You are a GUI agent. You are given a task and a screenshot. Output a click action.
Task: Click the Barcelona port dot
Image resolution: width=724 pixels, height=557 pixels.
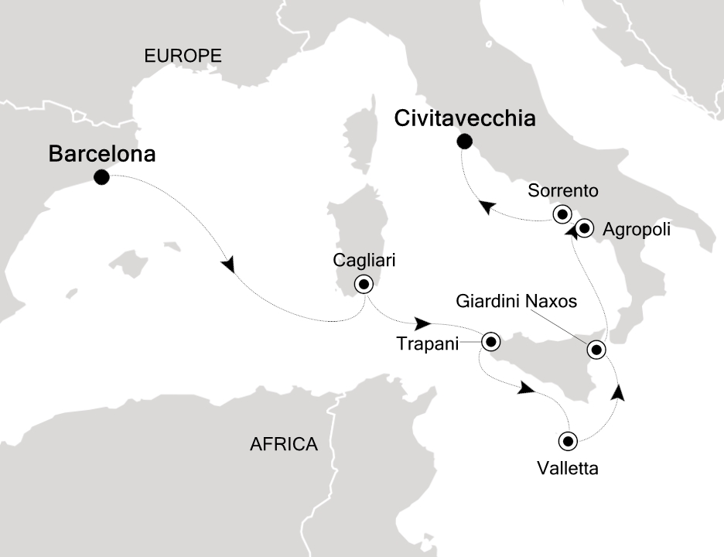pyautogui.click(x=101, y=178)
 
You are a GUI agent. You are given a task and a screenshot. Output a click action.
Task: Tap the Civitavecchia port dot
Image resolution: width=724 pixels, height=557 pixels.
pyautogui.click(x=464, y=141)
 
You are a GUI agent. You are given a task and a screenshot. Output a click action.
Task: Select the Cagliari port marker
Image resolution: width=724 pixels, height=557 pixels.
pyautogui.click(x=363, y=284)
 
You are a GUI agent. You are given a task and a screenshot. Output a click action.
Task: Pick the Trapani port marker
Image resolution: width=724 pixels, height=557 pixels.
pyautogui.click(x=490, y=341)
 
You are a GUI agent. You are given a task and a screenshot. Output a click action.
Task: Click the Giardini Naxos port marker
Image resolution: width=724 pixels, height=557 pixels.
pyautogui.click(x=596, y=350)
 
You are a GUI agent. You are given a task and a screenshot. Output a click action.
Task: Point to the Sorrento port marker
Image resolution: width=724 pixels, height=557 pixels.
pyautogui.click(x=561, y=214)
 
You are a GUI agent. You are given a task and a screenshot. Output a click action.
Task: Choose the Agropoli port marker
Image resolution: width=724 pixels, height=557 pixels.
pyautogui.click(x=584, y=228)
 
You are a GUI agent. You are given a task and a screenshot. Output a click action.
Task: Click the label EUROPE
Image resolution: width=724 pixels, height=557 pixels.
pyautogui.click(x=183, y=56)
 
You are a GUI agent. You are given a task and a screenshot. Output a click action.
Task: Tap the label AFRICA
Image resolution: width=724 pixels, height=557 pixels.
pyautogui.click(x=284, y=444)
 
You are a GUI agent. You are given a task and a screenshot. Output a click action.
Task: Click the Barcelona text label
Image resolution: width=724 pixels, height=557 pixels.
pyautogui.click(x=102, y=154)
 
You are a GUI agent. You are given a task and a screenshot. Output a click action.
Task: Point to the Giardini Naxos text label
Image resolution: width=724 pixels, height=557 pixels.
pyautogui.click(x=517, y=302)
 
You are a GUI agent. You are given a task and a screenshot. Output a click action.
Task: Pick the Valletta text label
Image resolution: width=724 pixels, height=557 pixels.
pyautogui.click(x=568, y=468)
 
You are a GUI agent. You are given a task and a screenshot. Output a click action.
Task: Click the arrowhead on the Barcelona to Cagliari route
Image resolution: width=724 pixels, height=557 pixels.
pyautogui.click(x=228, y=265)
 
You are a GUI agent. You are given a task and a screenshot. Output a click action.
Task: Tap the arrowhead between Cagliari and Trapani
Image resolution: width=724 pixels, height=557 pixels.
pyautogui.click(x=423, y=322)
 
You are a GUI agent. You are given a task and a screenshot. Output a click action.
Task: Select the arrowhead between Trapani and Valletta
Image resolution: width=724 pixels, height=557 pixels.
pyautogui.click(x=526, y=388)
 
